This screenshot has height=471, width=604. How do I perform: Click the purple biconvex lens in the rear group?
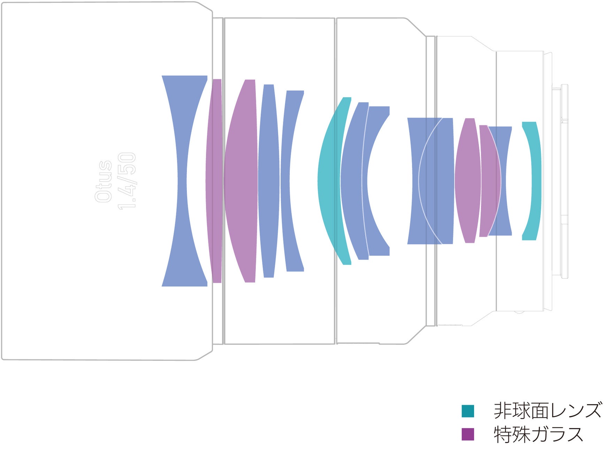pyautogui.click(x=468, y=181)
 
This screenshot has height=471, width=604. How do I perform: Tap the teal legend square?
pyautogui.click(x=468, y=411)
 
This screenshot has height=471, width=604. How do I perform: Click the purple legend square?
pyautogui.click(x=468, y=434)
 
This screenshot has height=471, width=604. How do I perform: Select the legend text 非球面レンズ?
pyautogui.click(x=548, y=410)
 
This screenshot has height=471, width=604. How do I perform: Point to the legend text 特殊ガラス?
pyautogui.click(x=538, y=434)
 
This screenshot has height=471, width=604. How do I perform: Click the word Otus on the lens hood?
pyautogui.click(x=104, y=181)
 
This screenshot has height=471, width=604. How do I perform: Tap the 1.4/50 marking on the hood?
pyautogui.click(x=127, y=181)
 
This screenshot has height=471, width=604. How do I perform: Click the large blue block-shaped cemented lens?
pyautogui.click(x=432, y=181)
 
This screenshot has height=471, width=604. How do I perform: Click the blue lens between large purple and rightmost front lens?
pyautogui.click(x=269, y=181)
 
